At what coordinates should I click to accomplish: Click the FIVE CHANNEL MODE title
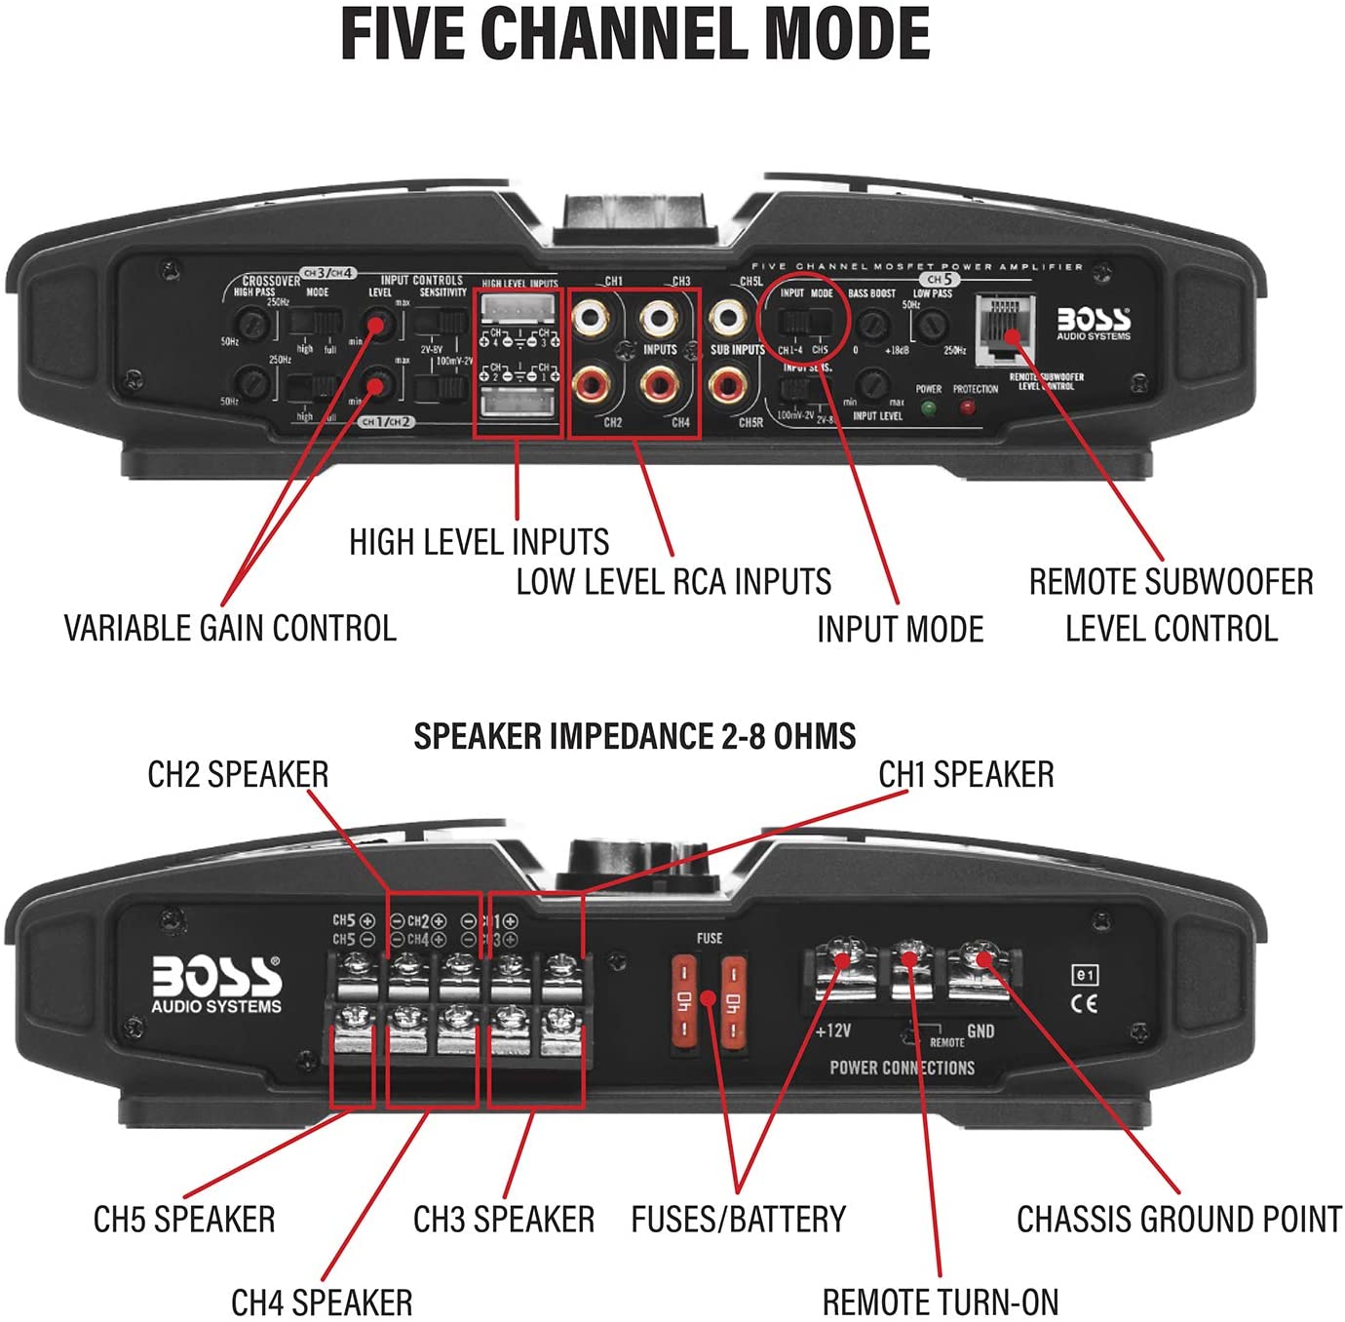coord(634,34)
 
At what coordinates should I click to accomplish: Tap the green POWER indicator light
coord(928,408)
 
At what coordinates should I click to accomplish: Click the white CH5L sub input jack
coord(727,317)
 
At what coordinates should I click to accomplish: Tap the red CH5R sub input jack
coord(727,386)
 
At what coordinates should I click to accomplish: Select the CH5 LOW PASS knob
coord(933,324)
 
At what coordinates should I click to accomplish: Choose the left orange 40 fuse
coord(685,1000)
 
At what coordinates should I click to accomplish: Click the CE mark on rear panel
coord(1084,1004)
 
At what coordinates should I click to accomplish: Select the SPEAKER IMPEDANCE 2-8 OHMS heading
coord(634,736)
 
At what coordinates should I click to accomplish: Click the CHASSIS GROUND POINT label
coord(1179,1220)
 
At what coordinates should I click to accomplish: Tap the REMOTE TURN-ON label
coord(940,1302)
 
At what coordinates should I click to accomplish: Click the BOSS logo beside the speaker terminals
coord(216,983)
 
